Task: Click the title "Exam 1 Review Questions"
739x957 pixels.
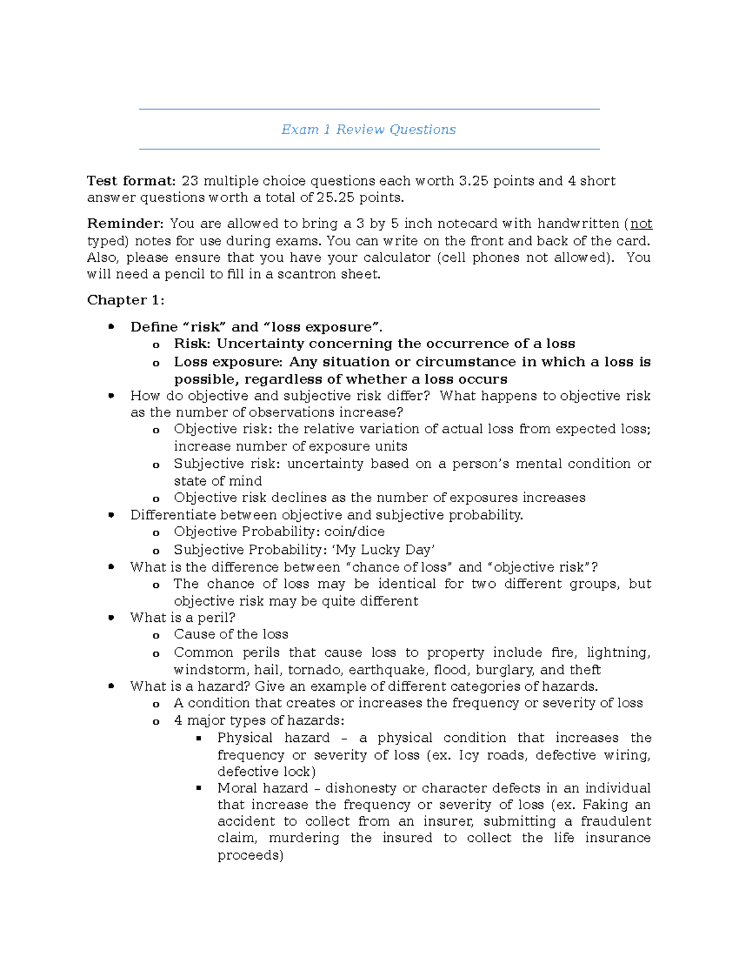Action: tap(368, 129)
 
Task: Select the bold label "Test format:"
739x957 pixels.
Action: tap(131, 181)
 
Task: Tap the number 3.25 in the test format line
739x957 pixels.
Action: tap(473, 181)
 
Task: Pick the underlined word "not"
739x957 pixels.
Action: tap(641, 224)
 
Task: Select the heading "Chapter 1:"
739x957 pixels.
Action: tap(126, 300)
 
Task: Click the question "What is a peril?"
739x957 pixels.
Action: tap(183, 617)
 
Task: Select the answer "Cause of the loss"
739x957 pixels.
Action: tap(231, 635)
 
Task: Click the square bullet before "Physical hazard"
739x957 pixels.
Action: tap(199, 738)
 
